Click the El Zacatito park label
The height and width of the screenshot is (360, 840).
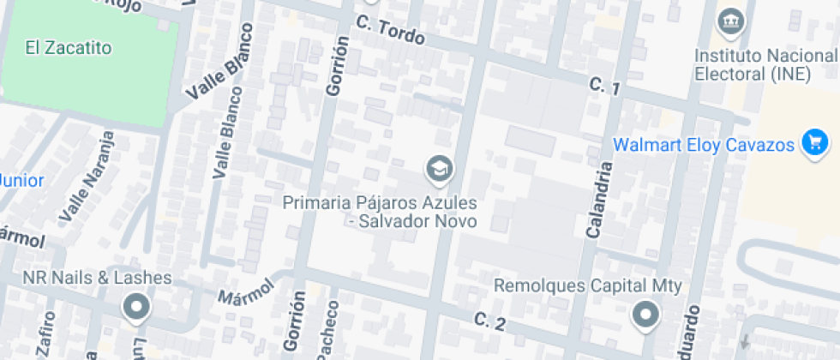pos(69,48)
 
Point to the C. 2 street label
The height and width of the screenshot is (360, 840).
pos(489,322)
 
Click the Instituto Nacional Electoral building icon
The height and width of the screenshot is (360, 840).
pos(730,20)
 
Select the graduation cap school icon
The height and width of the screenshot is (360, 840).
pos(441,168)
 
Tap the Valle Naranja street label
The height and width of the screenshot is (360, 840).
pos(91,176)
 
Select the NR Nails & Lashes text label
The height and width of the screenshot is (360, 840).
pos(97,279)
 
